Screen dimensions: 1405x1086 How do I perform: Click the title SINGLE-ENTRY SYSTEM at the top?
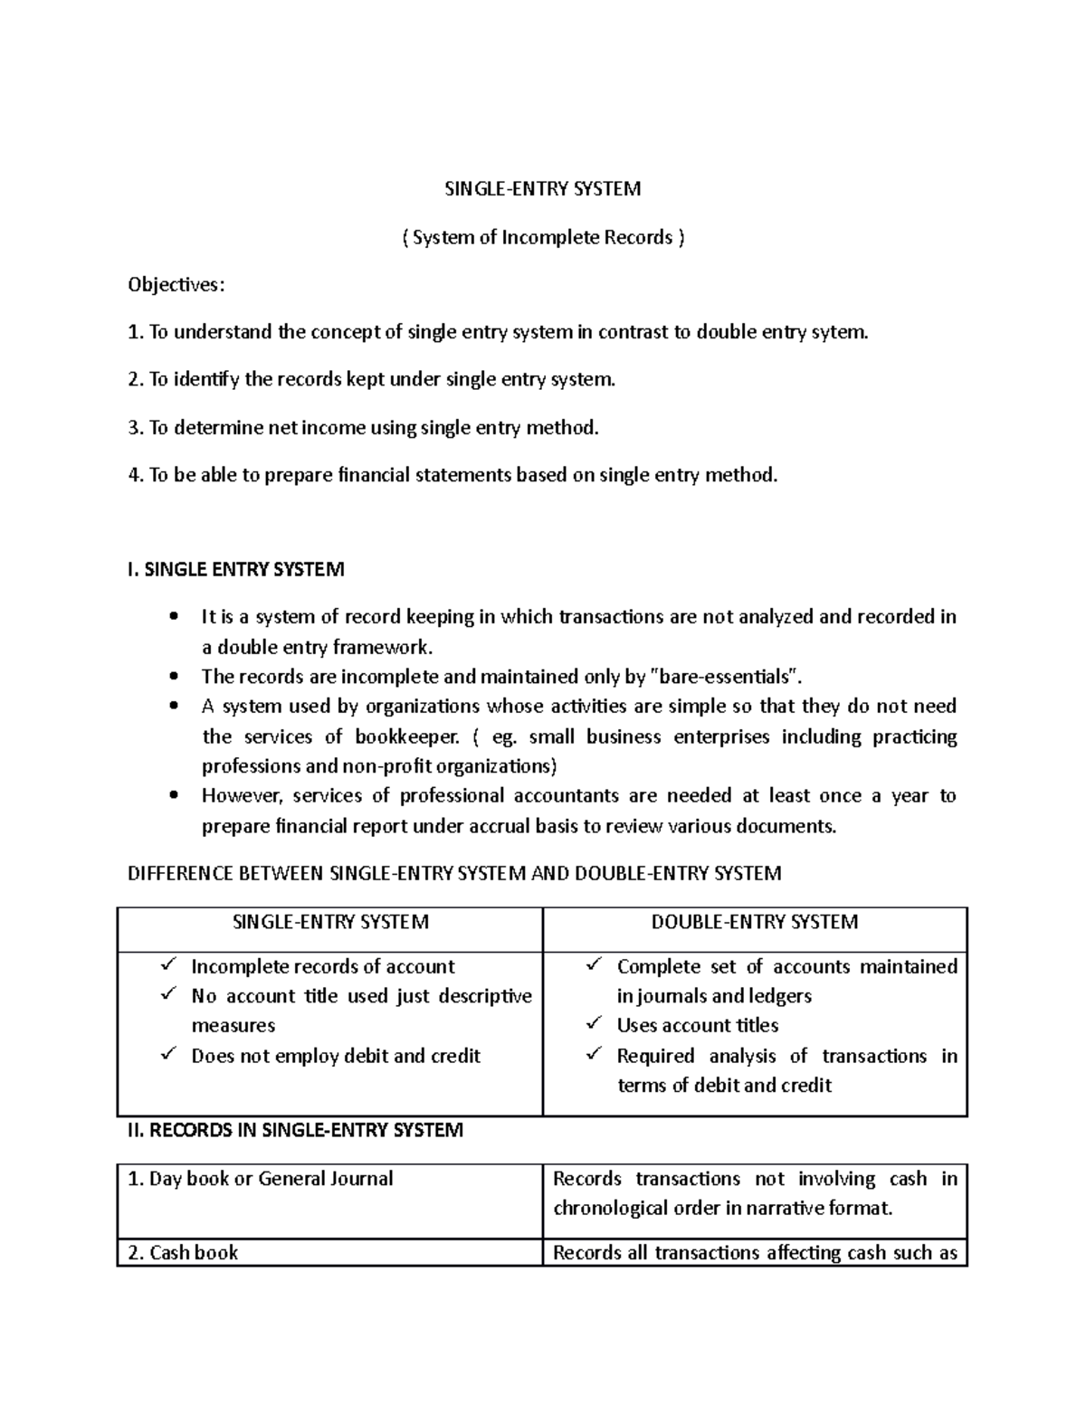click(x=542, y=189)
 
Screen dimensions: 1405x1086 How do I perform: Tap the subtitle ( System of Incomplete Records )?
click(x=543, y=237)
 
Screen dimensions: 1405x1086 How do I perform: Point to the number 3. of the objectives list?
click(x=136, y=427)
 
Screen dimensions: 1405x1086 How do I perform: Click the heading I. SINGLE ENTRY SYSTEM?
click(x=235, y=570)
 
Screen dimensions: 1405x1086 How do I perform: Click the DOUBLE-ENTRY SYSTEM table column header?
click(x=755, y=922)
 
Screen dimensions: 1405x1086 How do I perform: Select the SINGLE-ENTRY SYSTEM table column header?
click(x=330, y=922)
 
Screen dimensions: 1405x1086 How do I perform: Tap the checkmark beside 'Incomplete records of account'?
click(x=169, y=965)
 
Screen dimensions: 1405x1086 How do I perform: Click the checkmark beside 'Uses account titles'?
click(x=595, y=1024)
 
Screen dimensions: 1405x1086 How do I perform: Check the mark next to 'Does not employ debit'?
click(x=169, y=1055)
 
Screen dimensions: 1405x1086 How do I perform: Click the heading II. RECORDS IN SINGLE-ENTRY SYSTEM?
click(x=295, y=1130)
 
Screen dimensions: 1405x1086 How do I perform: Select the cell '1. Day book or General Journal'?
click(x=261, y=1179)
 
